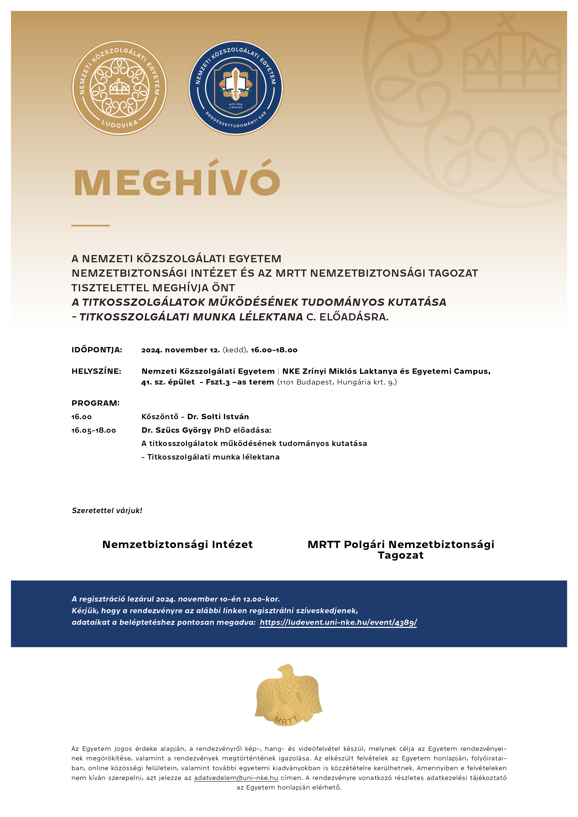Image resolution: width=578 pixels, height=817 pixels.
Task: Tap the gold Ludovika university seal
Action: point(119,88)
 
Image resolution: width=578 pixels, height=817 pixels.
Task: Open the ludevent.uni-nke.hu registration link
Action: point(338,622)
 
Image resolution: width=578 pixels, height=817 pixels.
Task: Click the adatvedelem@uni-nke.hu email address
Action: point(236,778)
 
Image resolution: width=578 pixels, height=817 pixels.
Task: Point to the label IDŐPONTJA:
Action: point(97,350)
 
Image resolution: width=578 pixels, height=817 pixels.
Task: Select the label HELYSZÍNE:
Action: point(96,371)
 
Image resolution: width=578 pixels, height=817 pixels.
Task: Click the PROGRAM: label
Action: point(96,403)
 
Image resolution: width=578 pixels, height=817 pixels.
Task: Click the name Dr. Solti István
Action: point(218,417)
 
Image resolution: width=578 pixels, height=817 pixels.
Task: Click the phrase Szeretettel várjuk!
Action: point(107,511)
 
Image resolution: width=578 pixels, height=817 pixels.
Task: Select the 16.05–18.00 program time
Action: point(94,430)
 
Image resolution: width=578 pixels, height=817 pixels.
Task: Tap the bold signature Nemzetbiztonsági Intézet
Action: point(177,545)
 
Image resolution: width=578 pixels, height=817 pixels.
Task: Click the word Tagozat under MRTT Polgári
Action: point(401,555)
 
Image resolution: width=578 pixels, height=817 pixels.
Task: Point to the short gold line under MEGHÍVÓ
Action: point(90,225)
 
